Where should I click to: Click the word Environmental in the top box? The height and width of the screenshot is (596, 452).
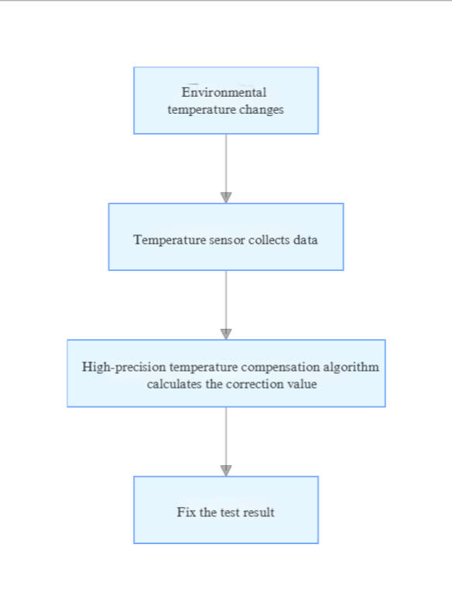(224, 93)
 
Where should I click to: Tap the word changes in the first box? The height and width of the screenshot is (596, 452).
(262, 110)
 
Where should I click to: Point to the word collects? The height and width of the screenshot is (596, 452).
(269, 240)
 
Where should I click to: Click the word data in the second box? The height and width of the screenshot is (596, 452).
(306, 240)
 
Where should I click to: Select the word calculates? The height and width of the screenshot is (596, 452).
(175, 384)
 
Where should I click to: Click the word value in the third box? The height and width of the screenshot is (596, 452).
(302, 384)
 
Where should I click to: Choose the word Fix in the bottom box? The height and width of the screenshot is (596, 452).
(186, 512)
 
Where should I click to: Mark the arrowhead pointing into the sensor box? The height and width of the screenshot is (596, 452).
(226, 197)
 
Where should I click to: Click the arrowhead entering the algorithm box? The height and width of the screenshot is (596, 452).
(226, 334)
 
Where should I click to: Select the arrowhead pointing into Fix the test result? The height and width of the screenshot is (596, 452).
(226, 470)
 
